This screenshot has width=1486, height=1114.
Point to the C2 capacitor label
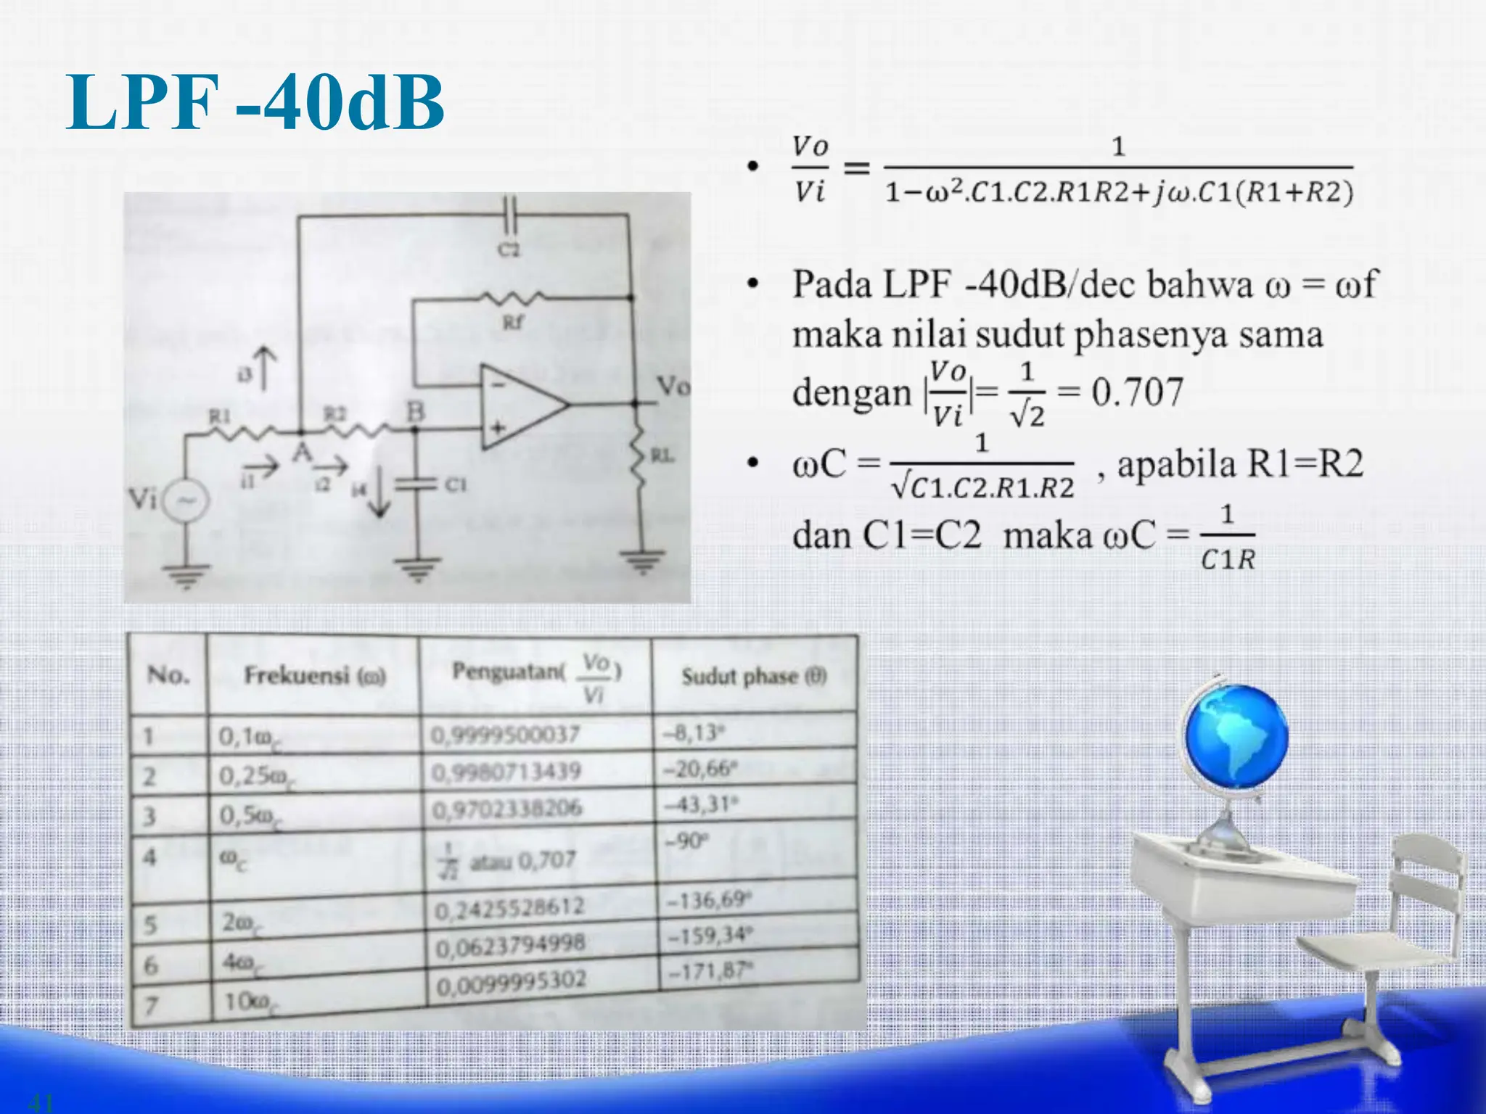[x=509, y=249]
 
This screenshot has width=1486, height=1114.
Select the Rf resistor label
[x=512, y=321]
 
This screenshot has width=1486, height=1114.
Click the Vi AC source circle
[x=186, y=501]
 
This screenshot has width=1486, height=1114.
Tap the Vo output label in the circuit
[x=673, y=386]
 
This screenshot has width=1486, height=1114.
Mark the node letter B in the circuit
[x=415, y=412]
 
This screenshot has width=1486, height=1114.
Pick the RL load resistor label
[x=662, y=455]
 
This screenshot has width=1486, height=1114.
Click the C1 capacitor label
[x=455, y=484]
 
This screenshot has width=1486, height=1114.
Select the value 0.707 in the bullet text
[x=1137, y=392]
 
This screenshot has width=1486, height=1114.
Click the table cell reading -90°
[x=685, y=841]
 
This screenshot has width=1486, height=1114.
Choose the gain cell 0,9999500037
[x=506, y=735]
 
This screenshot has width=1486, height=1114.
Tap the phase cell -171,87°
[x=710, y=970]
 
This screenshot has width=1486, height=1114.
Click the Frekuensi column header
[x=314, y=676]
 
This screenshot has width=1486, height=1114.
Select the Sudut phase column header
[x=753, y=677]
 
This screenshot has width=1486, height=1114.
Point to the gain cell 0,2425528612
[x=509, y=907]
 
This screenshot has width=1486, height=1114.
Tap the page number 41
[x=40, y=1102]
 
